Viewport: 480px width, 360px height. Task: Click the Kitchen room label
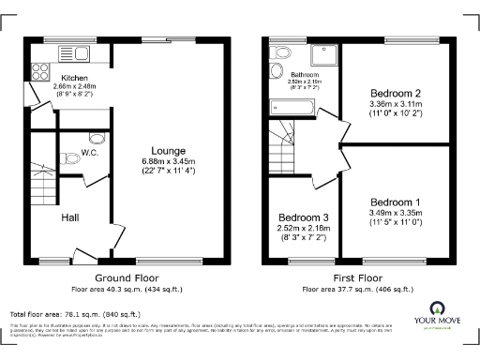point(74,79)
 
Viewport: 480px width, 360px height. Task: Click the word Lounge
point(170,151)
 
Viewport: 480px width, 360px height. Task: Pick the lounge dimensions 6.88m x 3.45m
point(170,161)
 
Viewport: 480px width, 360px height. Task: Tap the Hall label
point(70,217)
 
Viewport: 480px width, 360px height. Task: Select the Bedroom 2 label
point(394,93)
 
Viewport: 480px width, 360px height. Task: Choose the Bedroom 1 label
point(395,202)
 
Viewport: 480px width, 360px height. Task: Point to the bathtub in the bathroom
point(292,109)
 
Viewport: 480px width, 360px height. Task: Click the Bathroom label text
point(306,75)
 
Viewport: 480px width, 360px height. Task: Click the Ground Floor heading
point(126,278)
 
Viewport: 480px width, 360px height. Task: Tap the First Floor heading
point(358,278)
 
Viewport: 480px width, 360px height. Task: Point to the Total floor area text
point(75,314)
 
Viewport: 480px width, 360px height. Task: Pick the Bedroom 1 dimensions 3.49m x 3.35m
point(395,214)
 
